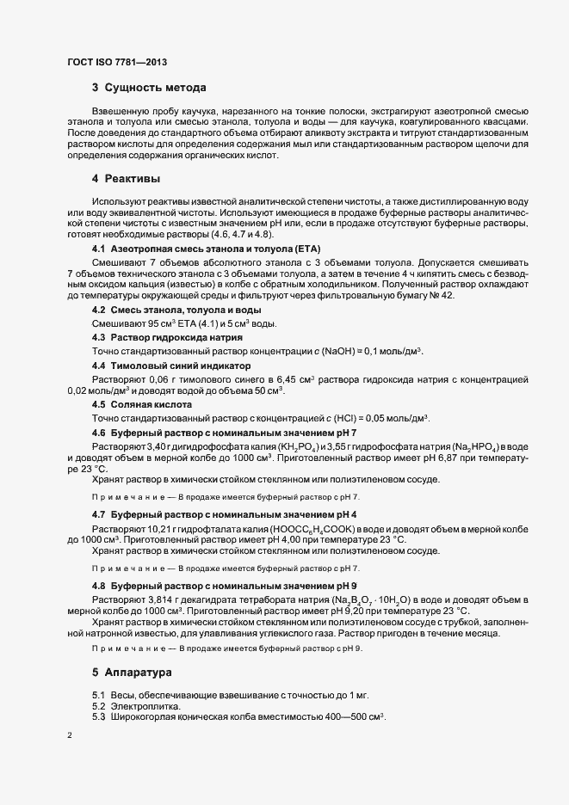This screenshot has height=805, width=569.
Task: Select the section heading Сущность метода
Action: (155, 87)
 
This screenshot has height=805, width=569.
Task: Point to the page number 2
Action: (69, 738)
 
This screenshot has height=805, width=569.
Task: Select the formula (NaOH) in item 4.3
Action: (356, 351)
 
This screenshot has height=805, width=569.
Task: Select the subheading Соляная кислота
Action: (151, 404)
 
